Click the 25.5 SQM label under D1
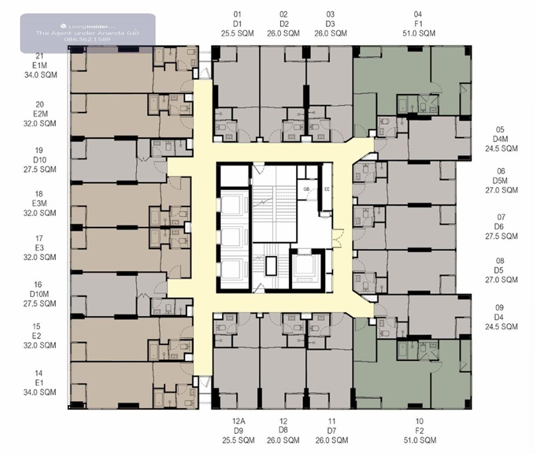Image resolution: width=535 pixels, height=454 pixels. click(237, 33)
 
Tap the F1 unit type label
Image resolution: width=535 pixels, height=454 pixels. click(419, 24)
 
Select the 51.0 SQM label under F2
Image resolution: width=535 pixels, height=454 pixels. click(420, 440)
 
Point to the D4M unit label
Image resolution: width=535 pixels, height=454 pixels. click(500, 139)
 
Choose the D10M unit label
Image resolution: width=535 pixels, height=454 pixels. click(39, 294)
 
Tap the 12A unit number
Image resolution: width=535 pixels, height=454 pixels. click(239, 421)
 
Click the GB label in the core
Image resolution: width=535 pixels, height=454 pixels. click(306, 189)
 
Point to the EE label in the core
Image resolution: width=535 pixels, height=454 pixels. click(327, 189)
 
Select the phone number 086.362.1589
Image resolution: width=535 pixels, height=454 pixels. click(87, 39)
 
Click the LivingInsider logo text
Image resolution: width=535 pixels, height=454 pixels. click(88, 26)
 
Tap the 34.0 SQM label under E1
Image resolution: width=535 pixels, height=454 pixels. click(40, 392)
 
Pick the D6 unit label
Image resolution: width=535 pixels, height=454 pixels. click(499, 227)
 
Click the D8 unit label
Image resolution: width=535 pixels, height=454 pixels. click(283, 430)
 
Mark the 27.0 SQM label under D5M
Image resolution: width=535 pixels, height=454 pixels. click(502, 190)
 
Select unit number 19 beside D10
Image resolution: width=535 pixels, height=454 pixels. click(39, 150)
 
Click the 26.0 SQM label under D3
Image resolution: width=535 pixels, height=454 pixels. click(330, 33)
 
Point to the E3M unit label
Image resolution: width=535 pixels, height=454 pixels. click(39, 203)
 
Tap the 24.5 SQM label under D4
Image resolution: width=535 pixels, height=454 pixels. click(502, 326)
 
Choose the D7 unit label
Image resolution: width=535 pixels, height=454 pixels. click(332, 431)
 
